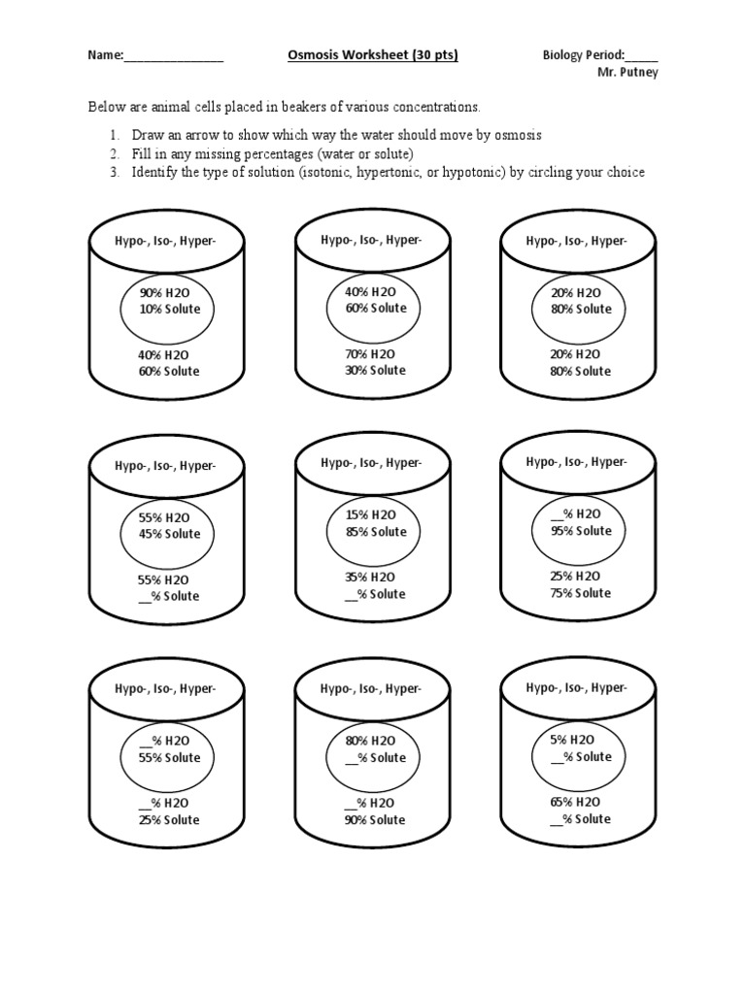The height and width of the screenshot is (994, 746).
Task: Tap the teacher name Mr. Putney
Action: pos(627,73)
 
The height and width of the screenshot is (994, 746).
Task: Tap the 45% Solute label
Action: pos(169,534)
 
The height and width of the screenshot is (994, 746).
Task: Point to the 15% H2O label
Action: pos(370,514)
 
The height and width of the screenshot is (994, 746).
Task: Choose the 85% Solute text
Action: pos(375,531)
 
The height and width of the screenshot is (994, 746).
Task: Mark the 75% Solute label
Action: pos(581,592)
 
